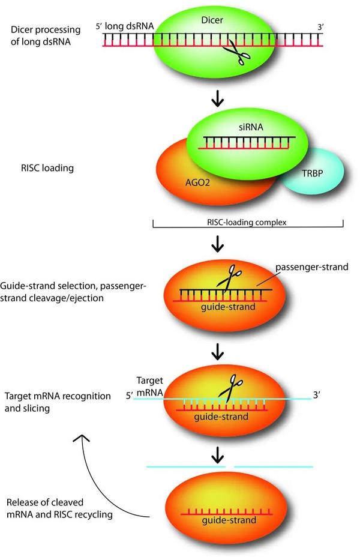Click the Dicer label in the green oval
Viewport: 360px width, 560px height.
pos(213,20)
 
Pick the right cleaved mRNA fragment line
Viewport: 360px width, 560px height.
pos(273,466)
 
